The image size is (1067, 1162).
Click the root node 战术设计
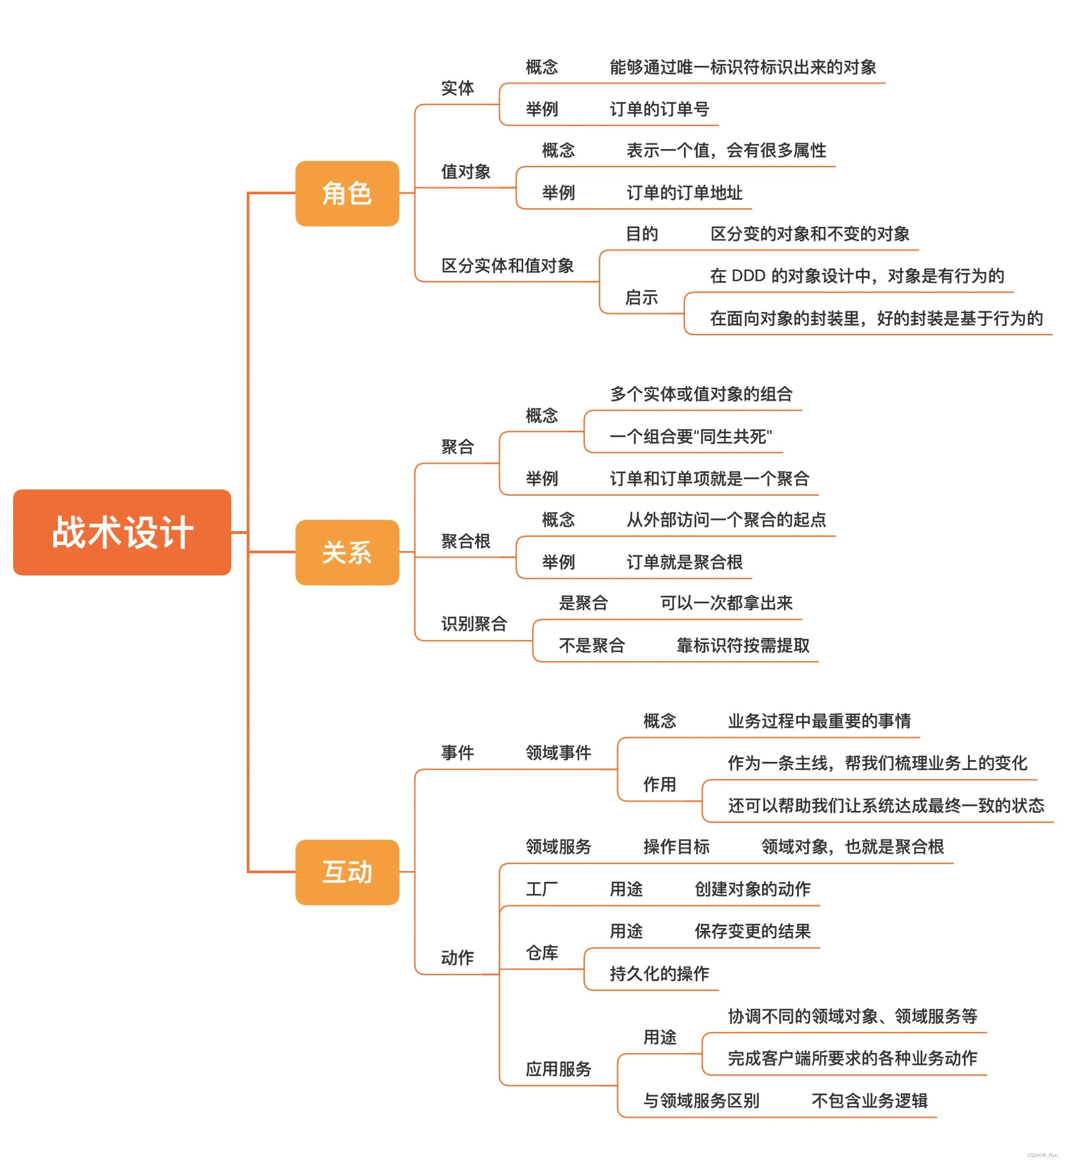pyautogui.click(x=122, y=532)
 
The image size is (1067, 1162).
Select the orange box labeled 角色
pyautogui.click(x=347, y=193)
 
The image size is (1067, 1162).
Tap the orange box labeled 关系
pyautogui.click(x=347, y=552)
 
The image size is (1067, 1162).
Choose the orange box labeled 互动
pyautogui.click(x=347, y=872)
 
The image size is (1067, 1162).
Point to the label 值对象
pyautogui.click(x=465, y=171)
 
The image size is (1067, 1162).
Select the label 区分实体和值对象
pyautogui.click(x=507, y=266)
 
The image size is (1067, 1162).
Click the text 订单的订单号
pyautogui.click(x=659, y=109)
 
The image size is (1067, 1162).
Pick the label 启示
pyautogui.click(x=641, y=297)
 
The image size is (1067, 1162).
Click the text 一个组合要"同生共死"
pyautogui.click(x=690, y=437)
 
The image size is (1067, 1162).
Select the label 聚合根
pyautogui.click(x=465, y=541)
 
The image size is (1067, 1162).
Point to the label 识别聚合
pyautogui.click(x=474, y=624)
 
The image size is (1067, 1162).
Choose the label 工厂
pyautogui.click(x=541, y=889)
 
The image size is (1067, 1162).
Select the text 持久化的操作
pyautogui.click(x=659, y=974)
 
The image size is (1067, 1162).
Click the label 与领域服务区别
pyautogui.click(x=701, y=1101)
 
